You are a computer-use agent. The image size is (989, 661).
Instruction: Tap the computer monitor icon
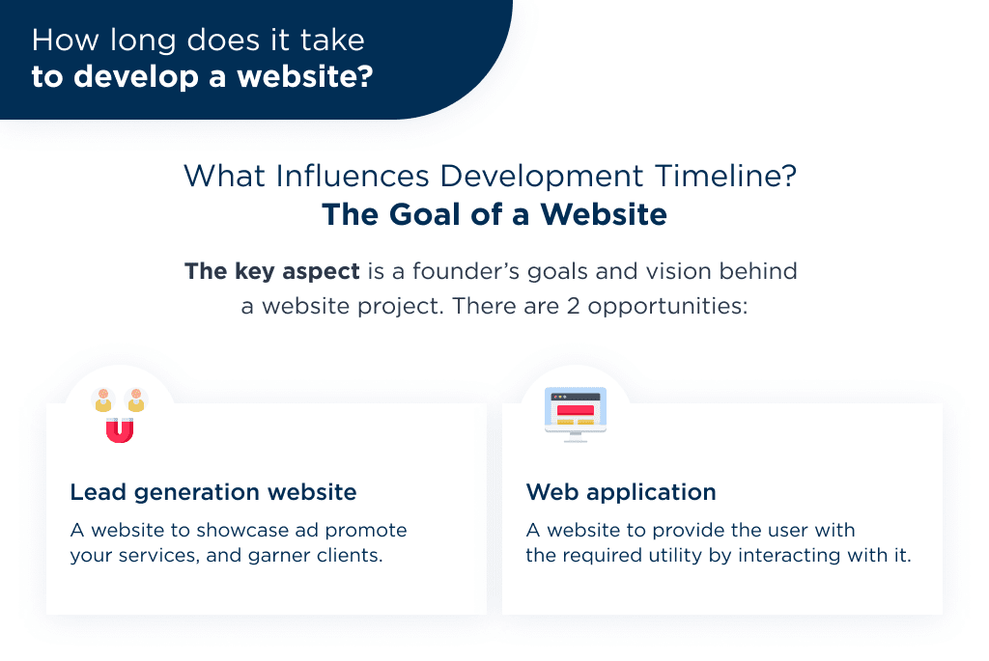point(576,414)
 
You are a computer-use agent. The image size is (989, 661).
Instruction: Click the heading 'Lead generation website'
point(213,493)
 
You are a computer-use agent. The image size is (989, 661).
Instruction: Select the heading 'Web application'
point(621,493)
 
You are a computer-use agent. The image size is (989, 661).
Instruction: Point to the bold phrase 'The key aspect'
point(271,272)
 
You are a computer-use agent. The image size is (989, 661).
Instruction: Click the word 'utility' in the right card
point(710,557)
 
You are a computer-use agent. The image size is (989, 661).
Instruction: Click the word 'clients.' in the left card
point(350,557)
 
